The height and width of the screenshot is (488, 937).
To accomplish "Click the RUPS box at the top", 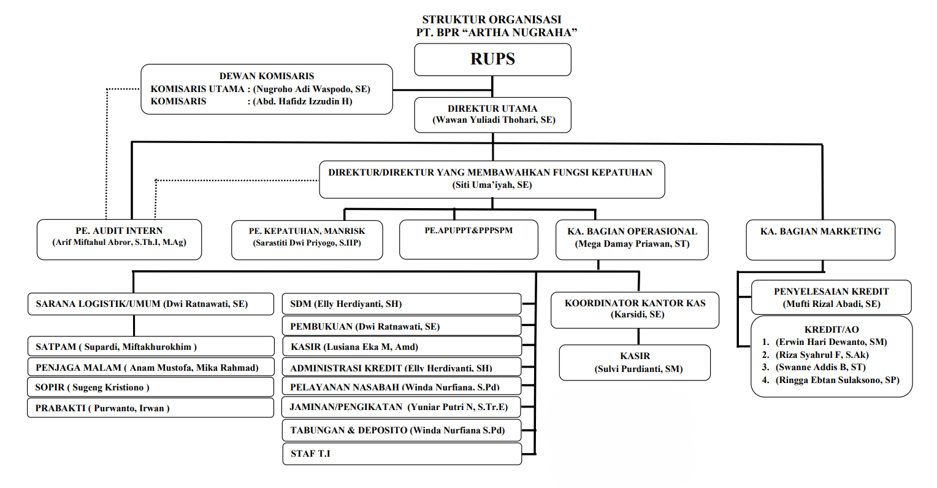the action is [492, 60].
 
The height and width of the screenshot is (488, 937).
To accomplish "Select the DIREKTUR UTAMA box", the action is [492, 115].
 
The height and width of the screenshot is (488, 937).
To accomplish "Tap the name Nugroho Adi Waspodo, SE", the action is [312, 89].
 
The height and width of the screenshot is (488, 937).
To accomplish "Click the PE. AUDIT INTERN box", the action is [119, 239].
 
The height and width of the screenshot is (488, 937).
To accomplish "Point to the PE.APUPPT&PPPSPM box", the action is [468, 239].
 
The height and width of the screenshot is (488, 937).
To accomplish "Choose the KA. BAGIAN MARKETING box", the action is [820, 240].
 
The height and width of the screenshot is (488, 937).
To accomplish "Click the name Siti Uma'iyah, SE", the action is [492, 185].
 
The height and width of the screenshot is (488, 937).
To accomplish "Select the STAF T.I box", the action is [402, 454].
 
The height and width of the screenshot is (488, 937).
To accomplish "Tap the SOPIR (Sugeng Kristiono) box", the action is [151, 387].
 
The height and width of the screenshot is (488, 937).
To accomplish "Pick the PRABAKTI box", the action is [151, 408].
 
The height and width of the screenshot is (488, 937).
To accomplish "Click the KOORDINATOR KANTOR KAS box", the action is [635, 310].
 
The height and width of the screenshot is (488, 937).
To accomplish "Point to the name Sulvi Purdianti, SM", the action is [638, 369].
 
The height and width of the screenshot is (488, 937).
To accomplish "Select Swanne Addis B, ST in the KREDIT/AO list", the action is [820, 367].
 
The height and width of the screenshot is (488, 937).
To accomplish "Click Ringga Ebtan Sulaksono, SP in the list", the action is [838, 380].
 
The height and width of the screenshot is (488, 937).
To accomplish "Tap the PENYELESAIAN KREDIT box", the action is [831, 298].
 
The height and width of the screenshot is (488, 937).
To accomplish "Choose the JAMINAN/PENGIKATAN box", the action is [402, 407].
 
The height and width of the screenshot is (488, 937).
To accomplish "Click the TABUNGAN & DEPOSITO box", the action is [402, 430].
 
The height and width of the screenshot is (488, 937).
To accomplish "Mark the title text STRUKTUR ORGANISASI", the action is [492, 20].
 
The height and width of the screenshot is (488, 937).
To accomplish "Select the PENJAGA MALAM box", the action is [151, 367].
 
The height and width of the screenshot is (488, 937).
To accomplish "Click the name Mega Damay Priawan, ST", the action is [632, 244].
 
